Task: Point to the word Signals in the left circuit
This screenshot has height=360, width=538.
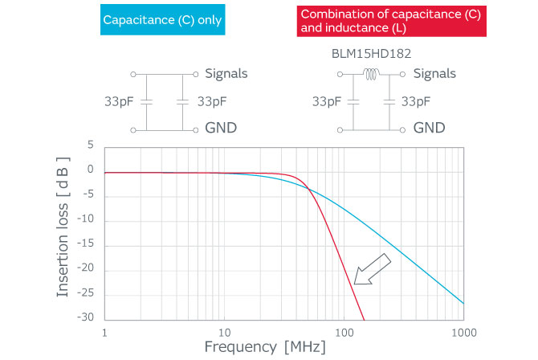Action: pyautogui.click(x=226, y=74)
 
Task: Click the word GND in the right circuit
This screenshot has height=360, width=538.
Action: pyautogui.click(x=430, y=129)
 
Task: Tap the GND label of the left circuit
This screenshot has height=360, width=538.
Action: pyautogui.click(x=221, y=129)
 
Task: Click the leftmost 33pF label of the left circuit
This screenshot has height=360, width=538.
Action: pyautogui.click(x=120, y=102)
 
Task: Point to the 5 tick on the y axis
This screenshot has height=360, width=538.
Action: pyautogui.click(x=91, y=145)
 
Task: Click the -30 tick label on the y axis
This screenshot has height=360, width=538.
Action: pyautogui.click(x=85, y=317)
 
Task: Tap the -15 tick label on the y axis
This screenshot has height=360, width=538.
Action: pyautogui.click(x=85, y=244)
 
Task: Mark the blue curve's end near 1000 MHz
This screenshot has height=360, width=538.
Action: pyautogui.click(x=463, y=303)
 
